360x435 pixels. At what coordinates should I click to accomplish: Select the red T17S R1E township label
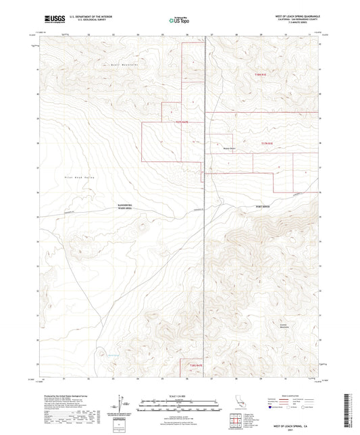tap(266, 143)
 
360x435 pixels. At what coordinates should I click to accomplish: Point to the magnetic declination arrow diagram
tap(120, 404)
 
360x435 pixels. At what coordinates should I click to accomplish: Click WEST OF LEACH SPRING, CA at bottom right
tap(292, 427)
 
